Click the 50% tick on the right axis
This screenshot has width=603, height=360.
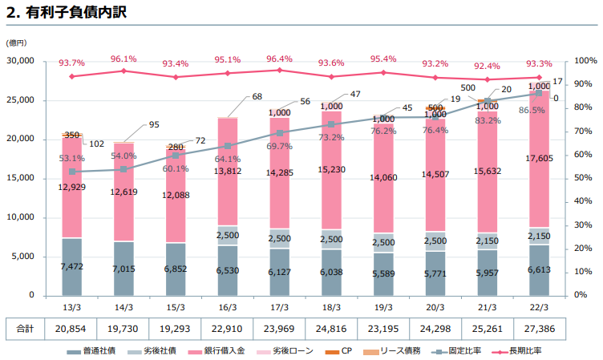[x=585, y=178]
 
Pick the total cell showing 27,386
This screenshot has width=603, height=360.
[x=540, y=329]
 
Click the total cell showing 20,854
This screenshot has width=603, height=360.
[x=72, y=329]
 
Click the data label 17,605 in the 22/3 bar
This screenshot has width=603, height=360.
[x=540, y=159]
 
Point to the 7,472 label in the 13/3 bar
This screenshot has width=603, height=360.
[x=72, y=268]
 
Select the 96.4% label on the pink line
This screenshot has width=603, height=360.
[x=279, y=59]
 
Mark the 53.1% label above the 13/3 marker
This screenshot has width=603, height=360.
[x=72, y=159]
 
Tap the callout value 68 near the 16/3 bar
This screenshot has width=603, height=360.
[x=257, y=97]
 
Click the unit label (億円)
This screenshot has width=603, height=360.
[x=16, y=42]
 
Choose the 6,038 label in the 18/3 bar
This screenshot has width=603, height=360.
[x=331, y=272]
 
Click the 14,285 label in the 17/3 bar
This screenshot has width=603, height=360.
[x=279, y=172]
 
